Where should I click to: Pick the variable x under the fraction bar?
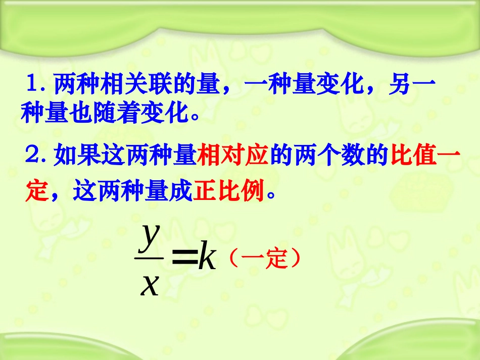click(x=150, y=284)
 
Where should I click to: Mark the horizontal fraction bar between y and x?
click(x=149, y=258)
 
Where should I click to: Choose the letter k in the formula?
click(x=207, y=259)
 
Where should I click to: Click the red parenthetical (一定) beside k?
click(x=264, y=259)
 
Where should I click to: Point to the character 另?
click(x=400, y=84)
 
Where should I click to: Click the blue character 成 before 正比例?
click(x=180, y=191)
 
